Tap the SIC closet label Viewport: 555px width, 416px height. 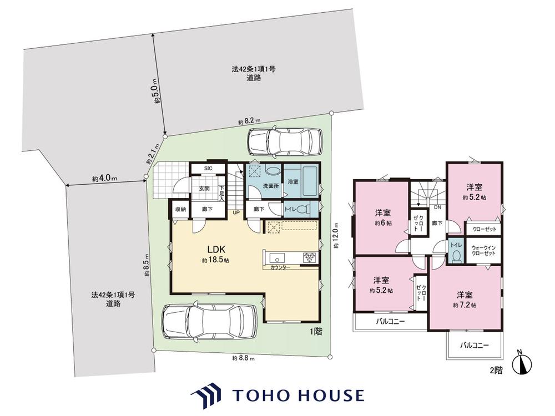tap(208, 169)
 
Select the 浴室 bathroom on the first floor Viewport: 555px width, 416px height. tap(301, 181)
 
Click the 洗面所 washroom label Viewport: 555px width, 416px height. tap(270, 186)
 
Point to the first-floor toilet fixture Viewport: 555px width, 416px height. tap(303, 210)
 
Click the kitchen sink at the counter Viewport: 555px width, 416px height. tap(275, 257)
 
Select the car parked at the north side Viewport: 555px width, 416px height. tap(285, 141)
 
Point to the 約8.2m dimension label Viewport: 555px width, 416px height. tap(250, 121)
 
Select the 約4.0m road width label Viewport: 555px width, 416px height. tap(105, 179)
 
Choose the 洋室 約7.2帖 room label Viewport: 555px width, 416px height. tap(465, 300)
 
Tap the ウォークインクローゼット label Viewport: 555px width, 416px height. tap(483, 251)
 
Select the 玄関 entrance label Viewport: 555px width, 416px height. tap(204, 189)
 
